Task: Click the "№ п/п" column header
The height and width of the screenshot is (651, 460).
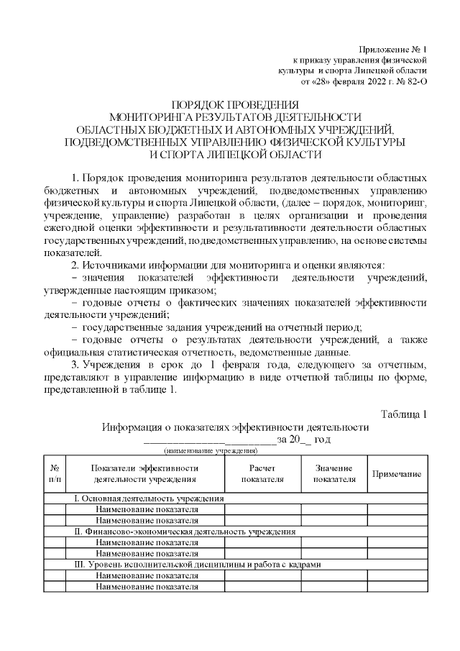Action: click(55, 473)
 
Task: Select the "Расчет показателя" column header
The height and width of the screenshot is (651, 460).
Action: click(262, 473)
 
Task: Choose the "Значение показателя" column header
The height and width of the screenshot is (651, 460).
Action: click(334, 473)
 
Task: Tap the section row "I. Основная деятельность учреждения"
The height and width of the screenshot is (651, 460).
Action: click(149, 498)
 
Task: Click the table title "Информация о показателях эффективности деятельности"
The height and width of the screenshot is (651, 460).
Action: click(235, 427)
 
